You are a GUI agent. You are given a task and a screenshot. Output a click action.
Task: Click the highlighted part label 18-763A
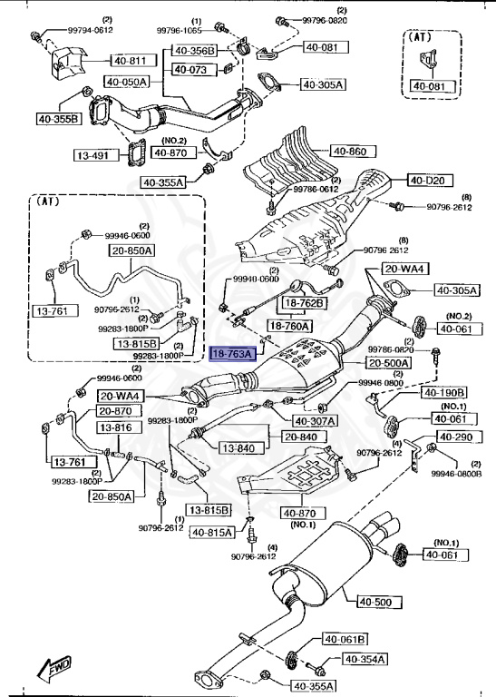(x=233, y=355)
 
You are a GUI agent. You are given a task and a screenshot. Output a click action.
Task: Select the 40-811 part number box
(x=130, y=61)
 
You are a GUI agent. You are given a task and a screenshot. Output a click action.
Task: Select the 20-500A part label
(x=387, y=363)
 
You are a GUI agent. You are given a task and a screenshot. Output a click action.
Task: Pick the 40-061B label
(x=342, y=639)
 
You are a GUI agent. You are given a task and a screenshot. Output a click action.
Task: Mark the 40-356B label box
(x=195, y=51)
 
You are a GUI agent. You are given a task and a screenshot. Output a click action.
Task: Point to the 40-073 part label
(x=191, y=69)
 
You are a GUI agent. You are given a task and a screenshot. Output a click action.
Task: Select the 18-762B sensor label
(x=306, y=303)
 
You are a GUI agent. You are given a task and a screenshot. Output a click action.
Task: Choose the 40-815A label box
(x=212, y=533)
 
